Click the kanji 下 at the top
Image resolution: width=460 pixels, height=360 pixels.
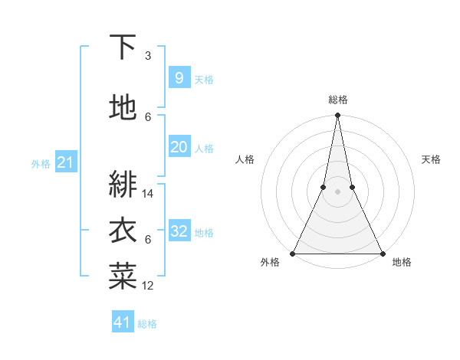point(123,47)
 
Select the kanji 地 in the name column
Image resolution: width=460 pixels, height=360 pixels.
point(123,108)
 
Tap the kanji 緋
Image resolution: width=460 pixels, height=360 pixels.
point(123,184)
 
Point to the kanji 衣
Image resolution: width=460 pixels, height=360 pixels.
point(123,231)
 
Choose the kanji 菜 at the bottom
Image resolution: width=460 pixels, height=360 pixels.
point(123,277)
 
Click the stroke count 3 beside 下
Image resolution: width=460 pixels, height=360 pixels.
point(148,56)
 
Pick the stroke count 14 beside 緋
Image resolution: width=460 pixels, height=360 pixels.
point(149,194)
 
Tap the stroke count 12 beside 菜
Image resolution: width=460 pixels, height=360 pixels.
point(149,286)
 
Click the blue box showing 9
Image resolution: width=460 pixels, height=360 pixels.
point(179,78)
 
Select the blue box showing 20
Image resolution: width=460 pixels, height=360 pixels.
point(179,147)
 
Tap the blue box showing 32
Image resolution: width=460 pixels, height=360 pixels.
point(179,231)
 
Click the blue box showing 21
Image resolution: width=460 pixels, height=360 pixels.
point(66,162)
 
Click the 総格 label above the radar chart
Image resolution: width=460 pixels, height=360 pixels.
point(338,100)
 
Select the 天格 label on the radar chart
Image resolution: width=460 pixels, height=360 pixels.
point(431,159)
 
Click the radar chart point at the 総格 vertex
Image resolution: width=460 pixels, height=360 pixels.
point(337,116)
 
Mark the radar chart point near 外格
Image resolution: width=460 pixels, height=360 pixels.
point(293,253)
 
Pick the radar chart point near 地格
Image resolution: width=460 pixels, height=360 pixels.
point(382,253)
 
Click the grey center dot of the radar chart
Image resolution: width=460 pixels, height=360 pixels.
point(337,191)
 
